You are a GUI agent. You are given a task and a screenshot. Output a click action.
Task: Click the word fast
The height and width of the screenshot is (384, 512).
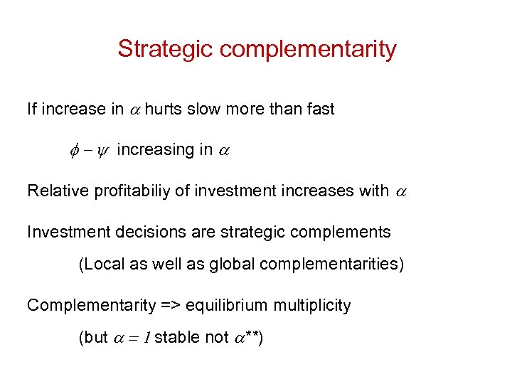click(319, 109)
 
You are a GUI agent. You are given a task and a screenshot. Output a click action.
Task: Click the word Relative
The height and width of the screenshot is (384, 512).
click(58, 191)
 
